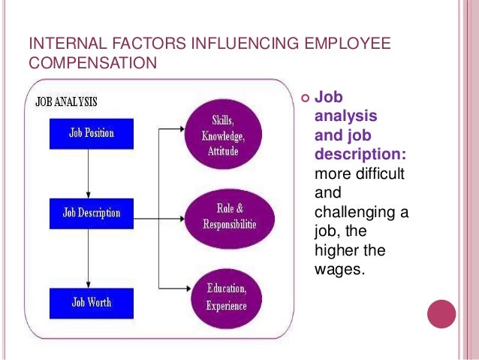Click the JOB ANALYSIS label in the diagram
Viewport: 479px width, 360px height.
pos(67,101)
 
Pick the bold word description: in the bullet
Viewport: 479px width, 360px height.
pos(360,155)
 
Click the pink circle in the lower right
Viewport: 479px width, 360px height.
pos(441,314)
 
